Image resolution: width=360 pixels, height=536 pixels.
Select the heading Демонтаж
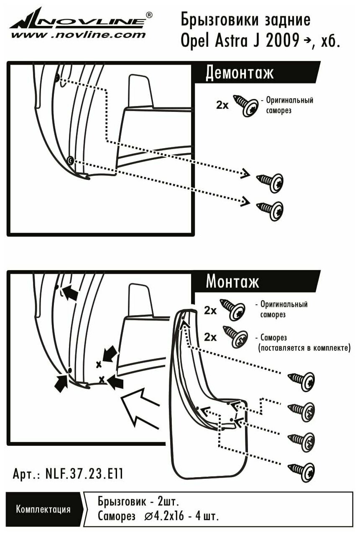(x=240, y=73)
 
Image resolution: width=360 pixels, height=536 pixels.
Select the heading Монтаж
(x=232, y=282)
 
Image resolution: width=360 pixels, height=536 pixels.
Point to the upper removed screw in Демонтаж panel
(x=271, y=182)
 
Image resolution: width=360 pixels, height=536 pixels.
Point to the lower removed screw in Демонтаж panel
(x=271, y=207)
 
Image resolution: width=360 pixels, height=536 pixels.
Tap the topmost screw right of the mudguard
(x=301, y=380)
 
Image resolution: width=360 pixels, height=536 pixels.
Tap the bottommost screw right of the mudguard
(x=301, y=470)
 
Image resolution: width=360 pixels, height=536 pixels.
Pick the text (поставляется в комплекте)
(x=304, y=347)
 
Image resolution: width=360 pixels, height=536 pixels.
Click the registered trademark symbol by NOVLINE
(x=149, y=15)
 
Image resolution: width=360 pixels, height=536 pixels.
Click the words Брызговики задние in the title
(x=245, y=20)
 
